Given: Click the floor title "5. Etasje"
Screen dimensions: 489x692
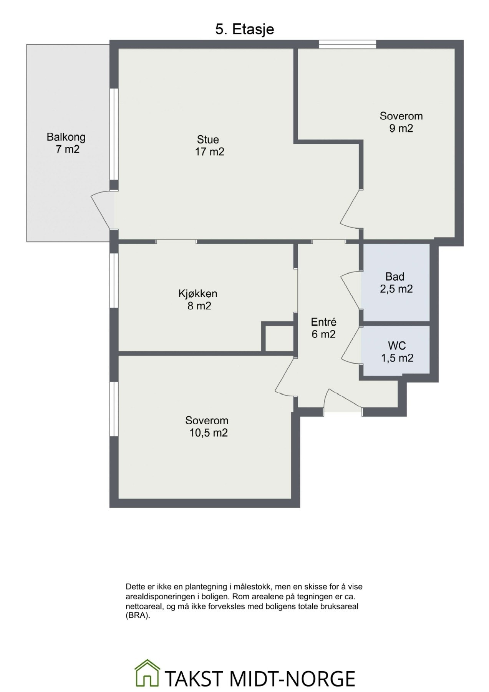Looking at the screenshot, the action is tap(244, 29).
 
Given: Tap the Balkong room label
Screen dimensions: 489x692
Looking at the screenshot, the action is tap(66, 137).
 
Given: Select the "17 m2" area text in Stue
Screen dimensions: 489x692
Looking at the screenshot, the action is tap(209, 152).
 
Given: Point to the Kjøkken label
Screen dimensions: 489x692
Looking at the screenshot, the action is tap(198, 293).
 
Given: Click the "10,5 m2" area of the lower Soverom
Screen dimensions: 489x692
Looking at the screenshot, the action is tap(209, 433).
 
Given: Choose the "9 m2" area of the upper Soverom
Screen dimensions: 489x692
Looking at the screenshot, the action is tap(401, 128).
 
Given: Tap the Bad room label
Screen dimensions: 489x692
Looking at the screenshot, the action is tap(395, 276).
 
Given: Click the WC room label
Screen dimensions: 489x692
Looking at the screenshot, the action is tap(397, 346).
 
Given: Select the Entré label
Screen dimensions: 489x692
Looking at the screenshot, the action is tap(324, 322).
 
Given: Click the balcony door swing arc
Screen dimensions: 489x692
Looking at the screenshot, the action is tap(99, 211).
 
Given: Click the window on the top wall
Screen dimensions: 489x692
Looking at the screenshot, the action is tap(347, 44).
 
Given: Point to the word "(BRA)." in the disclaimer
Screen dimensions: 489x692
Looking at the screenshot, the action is tap(138, 615).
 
